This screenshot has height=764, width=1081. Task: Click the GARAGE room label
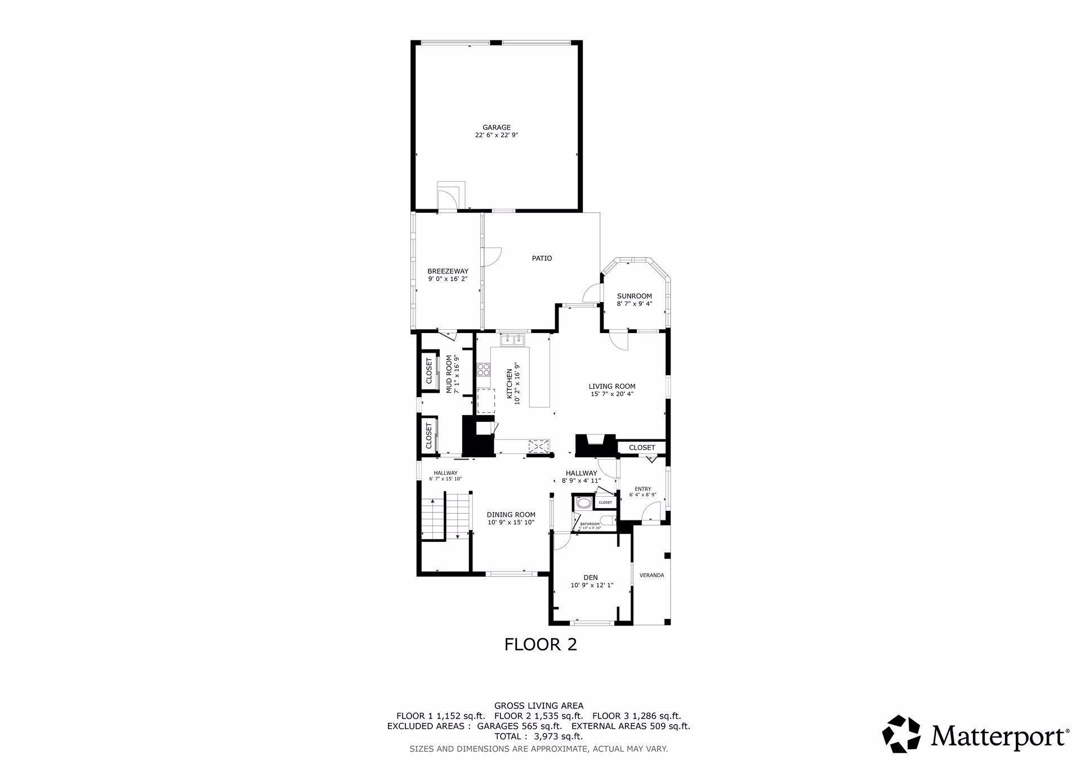point(496,128)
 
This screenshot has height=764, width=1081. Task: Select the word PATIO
point(542,258)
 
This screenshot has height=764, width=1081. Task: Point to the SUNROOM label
point(634,296)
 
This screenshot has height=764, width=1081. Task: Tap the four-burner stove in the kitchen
point(483,370)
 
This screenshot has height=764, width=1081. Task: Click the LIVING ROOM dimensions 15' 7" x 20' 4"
point(612,394)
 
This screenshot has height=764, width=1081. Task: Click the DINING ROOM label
point(511,515)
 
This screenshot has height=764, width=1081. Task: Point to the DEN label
point(591,578)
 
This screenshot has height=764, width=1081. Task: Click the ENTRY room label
point(642,489)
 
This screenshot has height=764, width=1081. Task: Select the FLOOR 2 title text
point(540,644)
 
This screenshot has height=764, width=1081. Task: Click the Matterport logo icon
point(901,734)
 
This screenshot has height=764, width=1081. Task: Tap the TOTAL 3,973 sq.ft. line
point(538,736)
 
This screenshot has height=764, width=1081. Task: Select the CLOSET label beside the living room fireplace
point(642,448)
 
